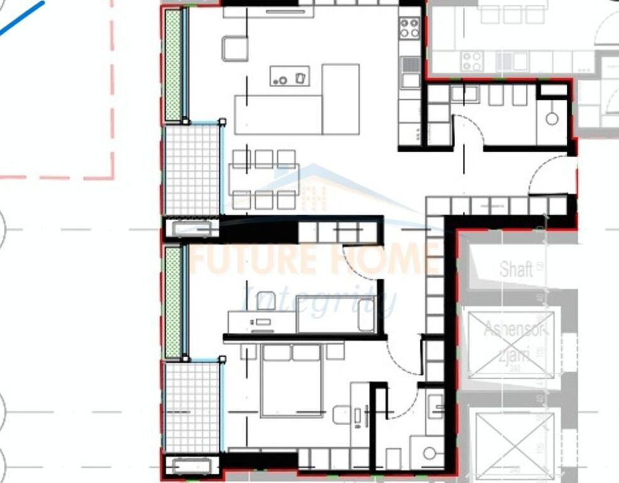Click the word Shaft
point(516,269)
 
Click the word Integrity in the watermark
point(319,300)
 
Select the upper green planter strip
point(173,65)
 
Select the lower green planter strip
point(173,302)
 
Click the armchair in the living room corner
point(234,48)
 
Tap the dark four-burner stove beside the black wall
point(410,28)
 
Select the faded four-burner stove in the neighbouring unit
point(472,61)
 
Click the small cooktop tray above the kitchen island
point(290,76)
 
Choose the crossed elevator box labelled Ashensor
point(511,345)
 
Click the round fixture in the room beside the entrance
point(552,118)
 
